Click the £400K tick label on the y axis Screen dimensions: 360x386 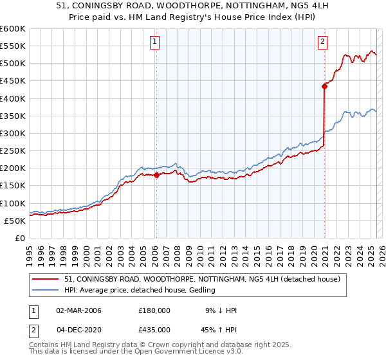tap(13, 98)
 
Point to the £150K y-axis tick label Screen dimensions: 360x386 tap(13, 186)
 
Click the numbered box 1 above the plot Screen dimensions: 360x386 tap(156, 42)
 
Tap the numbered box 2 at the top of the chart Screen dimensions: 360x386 tap(322, 42)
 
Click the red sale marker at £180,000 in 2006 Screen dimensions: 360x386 tap(156, 175)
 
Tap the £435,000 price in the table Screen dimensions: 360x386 tap(154, 328)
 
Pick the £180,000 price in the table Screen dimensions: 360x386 tap(154, 310)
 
